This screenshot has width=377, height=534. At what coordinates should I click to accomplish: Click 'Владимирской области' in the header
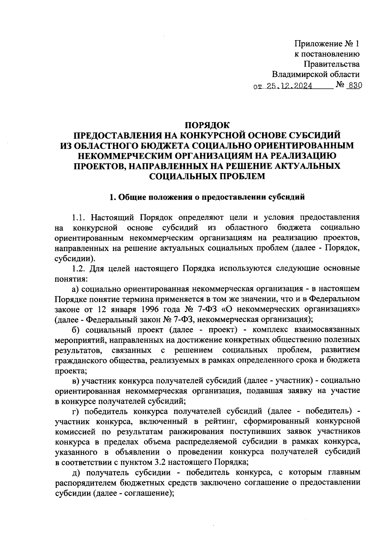coord(315,74)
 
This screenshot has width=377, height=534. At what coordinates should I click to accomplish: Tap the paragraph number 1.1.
coord(79,218)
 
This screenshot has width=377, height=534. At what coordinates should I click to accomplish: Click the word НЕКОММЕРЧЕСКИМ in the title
coord(135,156)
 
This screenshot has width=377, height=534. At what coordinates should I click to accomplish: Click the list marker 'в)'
coord(76,381)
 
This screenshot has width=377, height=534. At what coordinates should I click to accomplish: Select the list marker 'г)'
coord(76,411)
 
